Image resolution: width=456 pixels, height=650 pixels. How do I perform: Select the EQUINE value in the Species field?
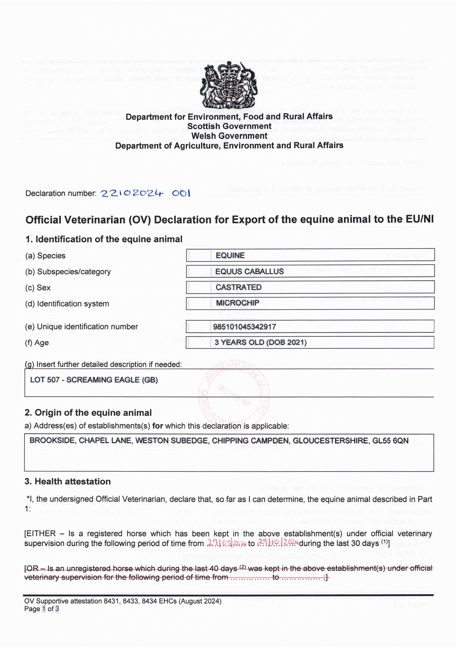tap(230, 255)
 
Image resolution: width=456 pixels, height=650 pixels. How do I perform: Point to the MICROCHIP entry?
tap(237, 303)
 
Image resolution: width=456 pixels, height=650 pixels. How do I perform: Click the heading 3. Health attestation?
tap(67, 482)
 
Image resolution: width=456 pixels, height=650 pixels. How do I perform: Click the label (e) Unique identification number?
tap(81, 327)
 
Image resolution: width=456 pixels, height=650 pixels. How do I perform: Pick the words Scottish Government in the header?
tap(229, 126)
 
